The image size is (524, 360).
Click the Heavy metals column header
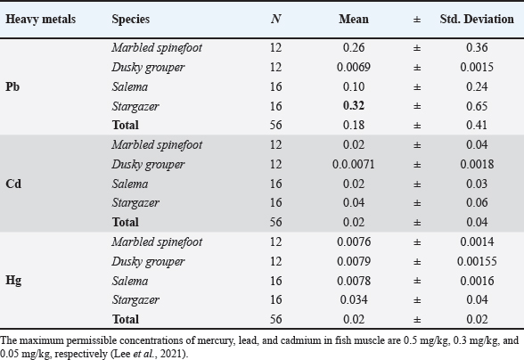pyautogui.click(x=40, y=19)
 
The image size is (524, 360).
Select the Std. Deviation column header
pyautogui.click(x=477, y=19)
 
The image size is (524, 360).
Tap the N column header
pyautogui.click(x=275, y=19)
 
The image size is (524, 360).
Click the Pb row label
pyautogui.click(x=12, y=86)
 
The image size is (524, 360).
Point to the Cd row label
pyautogui.click(x=13, y=184)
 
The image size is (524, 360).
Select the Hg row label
pyautogui.click(x=13, y=280)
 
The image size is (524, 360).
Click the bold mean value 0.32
pyautogui.click(x=354, y=106)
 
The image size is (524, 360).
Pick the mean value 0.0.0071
pyautogui.click(x=354, y=164)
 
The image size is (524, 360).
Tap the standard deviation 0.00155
pyautogui.click(x=477, y=261)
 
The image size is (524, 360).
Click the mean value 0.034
pyautogui.click(x=354, y=299)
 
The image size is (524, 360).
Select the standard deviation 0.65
pyautogui.click(x=477, y=106)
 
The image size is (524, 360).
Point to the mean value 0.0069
pyautogui.click(x=354, y=67)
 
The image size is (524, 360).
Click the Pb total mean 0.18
pyautogui.click(x=354, y=125)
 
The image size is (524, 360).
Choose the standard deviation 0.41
pyautogui.click(x=477, y=125)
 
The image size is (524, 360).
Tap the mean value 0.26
pyautogui.click(x=354, y=47)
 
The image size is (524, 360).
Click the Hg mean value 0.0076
pyautogui.click(x=354, y=241)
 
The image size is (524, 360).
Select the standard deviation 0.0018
pyautogui.click(x=477, y=164)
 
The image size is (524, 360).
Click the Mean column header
pyautogui.click(x=354, y=19)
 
